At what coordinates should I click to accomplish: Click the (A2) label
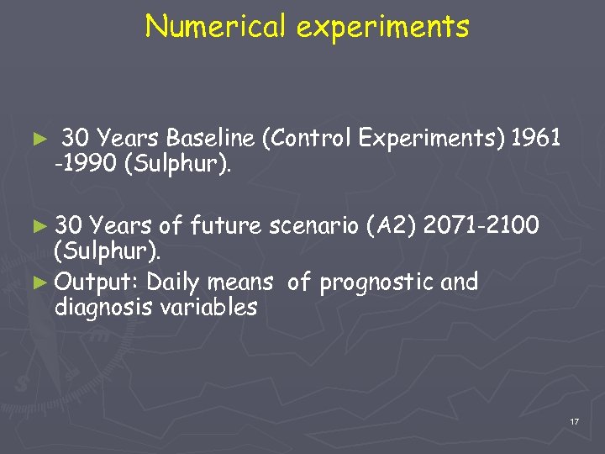pos(392,226)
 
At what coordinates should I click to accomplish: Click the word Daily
pos(176,282)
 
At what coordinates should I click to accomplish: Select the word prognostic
pos(372,282)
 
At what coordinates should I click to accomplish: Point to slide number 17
pos(574,420)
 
